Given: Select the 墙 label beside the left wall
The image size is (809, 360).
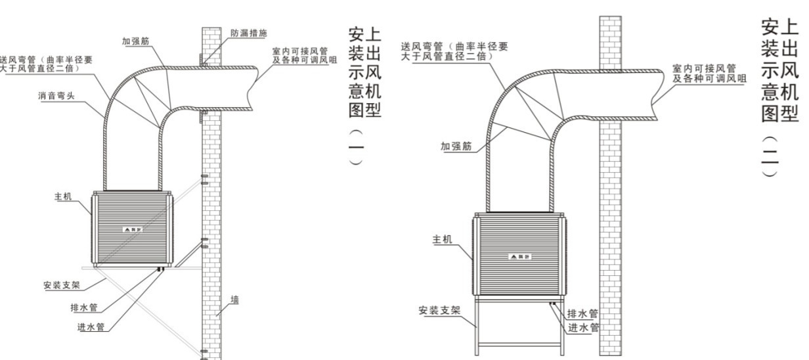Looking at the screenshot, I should click(235, 300).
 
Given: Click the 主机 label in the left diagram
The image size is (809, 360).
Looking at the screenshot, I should click(63, 197).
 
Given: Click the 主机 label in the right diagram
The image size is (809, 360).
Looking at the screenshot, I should click(441, 238).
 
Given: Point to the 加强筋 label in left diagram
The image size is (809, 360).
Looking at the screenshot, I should click(135, 41).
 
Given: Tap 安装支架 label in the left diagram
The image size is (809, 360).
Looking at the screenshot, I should click(60, 286).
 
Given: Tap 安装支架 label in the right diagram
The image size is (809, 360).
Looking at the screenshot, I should click(439, 310).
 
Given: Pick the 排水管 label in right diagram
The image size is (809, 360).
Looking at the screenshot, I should click(582, 313).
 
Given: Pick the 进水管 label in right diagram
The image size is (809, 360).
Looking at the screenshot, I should click(582, 327).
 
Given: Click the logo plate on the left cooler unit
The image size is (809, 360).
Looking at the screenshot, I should click(133, 230).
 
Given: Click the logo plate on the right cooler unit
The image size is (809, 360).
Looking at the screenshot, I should click(520, 256).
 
